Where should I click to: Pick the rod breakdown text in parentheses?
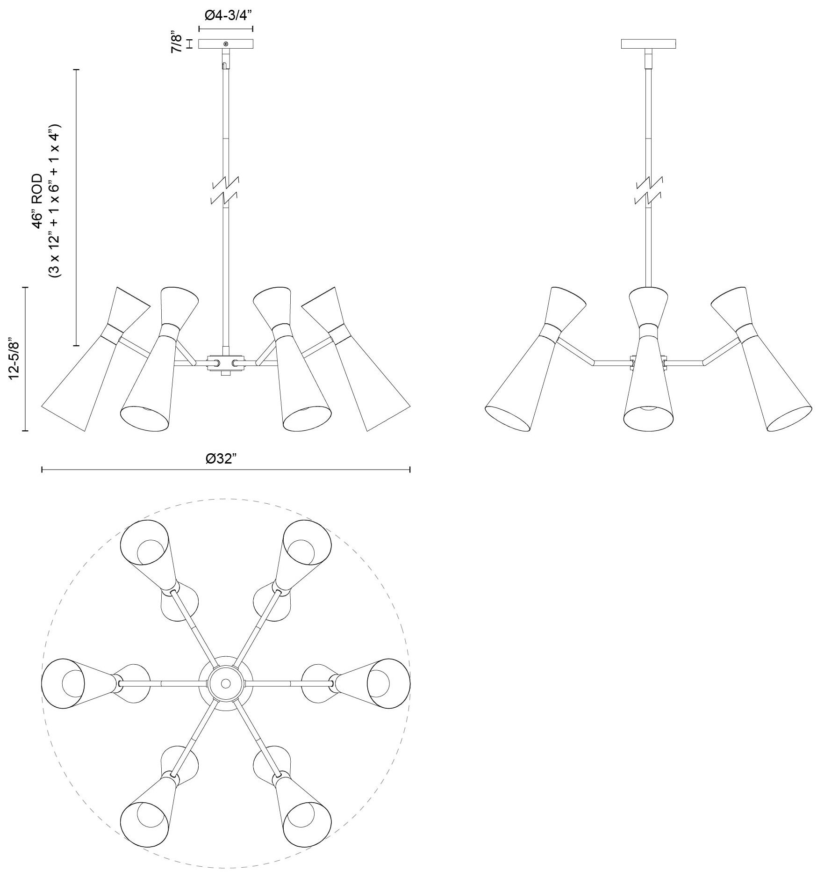[x=55, y=201]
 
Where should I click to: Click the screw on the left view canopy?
[x=226, y=44]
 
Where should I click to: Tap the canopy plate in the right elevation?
[x=648, y=44]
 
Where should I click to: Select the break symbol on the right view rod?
[x=649, y=190]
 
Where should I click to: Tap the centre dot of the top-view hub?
[x=226, y=683]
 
